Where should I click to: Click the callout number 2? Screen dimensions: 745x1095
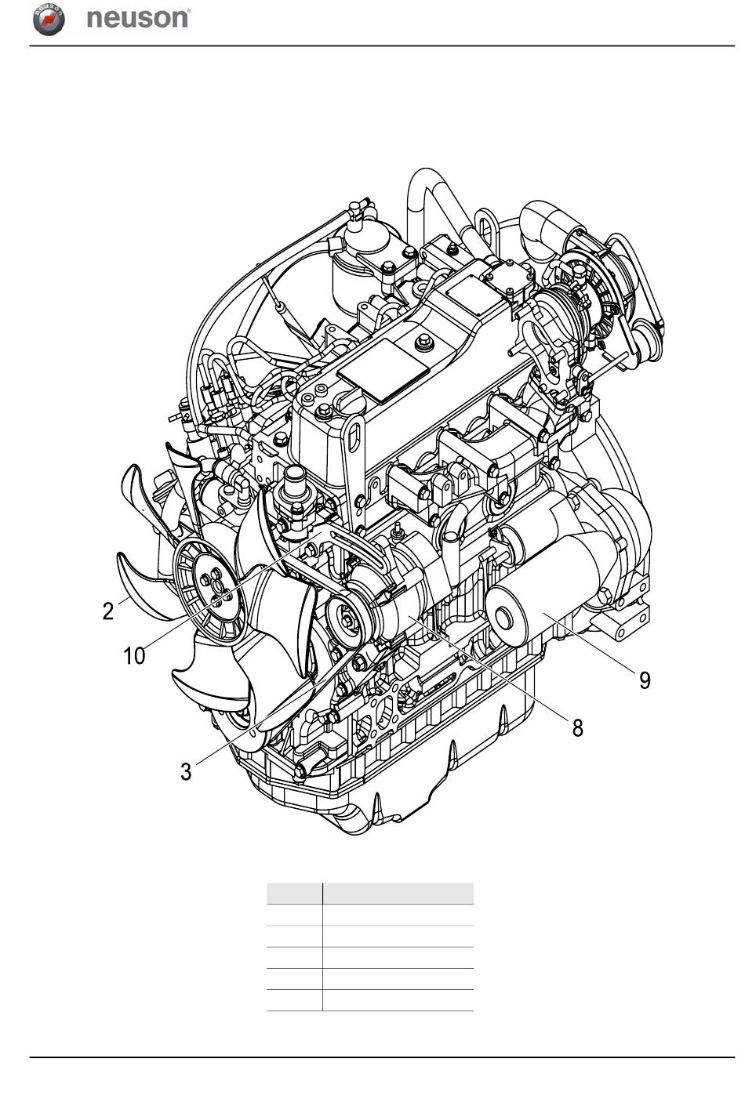tap(108, 611)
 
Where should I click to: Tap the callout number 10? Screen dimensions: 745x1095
tap(134, 655)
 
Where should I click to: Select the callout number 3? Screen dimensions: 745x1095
tap(186, 771)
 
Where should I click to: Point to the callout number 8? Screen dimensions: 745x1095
tap(578, 728)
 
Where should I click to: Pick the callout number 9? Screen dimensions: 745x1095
tap(645, 680)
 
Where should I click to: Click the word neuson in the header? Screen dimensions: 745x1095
tap(137, 18)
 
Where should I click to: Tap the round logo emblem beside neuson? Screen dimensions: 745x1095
tap(49, 20)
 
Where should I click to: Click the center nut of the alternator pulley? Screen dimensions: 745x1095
tap(347, 620)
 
